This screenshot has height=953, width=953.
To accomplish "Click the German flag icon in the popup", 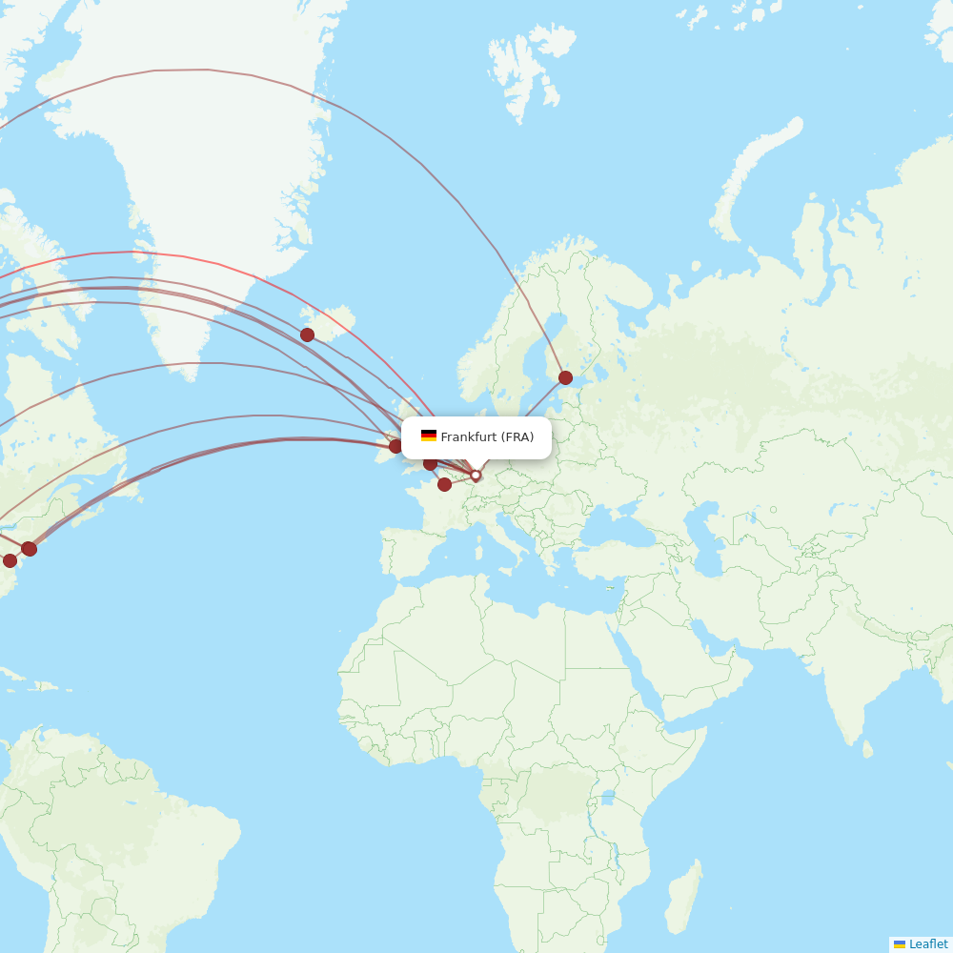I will pyautogui.click(x=429, y=436).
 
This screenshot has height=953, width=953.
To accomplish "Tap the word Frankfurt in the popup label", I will pyautogui.click(x=469, y=437).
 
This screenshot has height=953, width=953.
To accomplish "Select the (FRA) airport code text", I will pyautogui.click(x=517, y=437).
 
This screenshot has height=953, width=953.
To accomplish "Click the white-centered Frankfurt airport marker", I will pyautogui.click(x=476, y=475).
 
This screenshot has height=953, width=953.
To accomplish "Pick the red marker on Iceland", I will pyautogui.click(x=307, y=335).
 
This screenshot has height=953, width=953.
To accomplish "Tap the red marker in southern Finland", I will pyautogui.click(x=565, y=377).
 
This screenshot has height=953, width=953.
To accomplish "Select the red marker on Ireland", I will pyautogui.click(x=395, y=446).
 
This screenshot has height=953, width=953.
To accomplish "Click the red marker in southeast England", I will pyautogui.click(x=430, y=464).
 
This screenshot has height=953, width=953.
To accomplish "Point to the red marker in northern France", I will pyautogui.click(x=444, y=484).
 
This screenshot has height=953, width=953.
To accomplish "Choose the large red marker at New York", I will pyautogui.click(x=30, y=548).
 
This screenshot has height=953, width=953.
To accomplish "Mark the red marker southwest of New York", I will pyautogui.click(x=10, y=560).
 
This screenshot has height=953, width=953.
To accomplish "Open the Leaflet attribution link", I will pyautogui.click(x=927, y=943).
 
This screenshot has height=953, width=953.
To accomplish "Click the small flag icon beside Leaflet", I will pyautogui.click(x=900, y=943).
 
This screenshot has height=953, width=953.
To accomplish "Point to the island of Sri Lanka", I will pyautogui.click(x=867, y=748).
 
